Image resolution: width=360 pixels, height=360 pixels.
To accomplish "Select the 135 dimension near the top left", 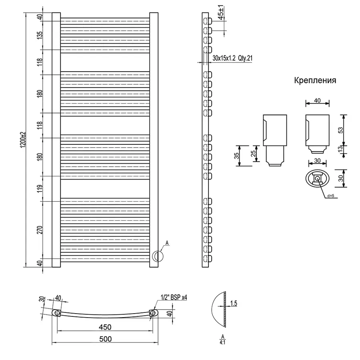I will [39, 35].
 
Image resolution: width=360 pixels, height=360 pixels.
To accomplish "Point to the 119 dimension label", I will [39, 188].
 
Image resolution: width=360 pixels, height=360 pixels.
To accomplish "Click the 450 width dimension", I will [105, 327].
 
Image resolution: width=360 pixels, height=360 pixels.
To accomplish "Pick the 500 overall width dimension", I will [105, 339].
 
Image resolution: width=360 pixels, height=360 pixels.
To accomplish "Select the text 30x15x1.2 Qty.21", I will [233, 58].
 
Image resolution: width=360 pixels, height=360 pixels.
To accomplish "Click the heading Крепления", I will [315, 80].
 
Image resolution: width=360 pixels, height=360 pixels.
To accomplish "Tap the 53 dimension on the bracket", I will [341, 130].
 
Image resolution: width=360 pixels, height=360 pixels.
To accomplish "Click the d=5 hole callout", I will [330, 196].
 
